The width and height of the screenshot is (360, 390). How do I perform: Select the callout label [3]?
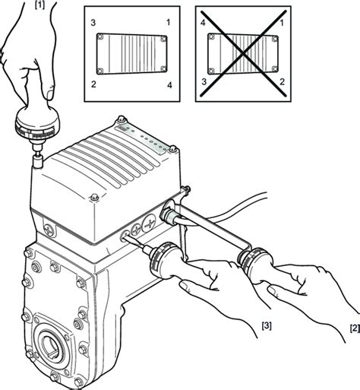point(267,325)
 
